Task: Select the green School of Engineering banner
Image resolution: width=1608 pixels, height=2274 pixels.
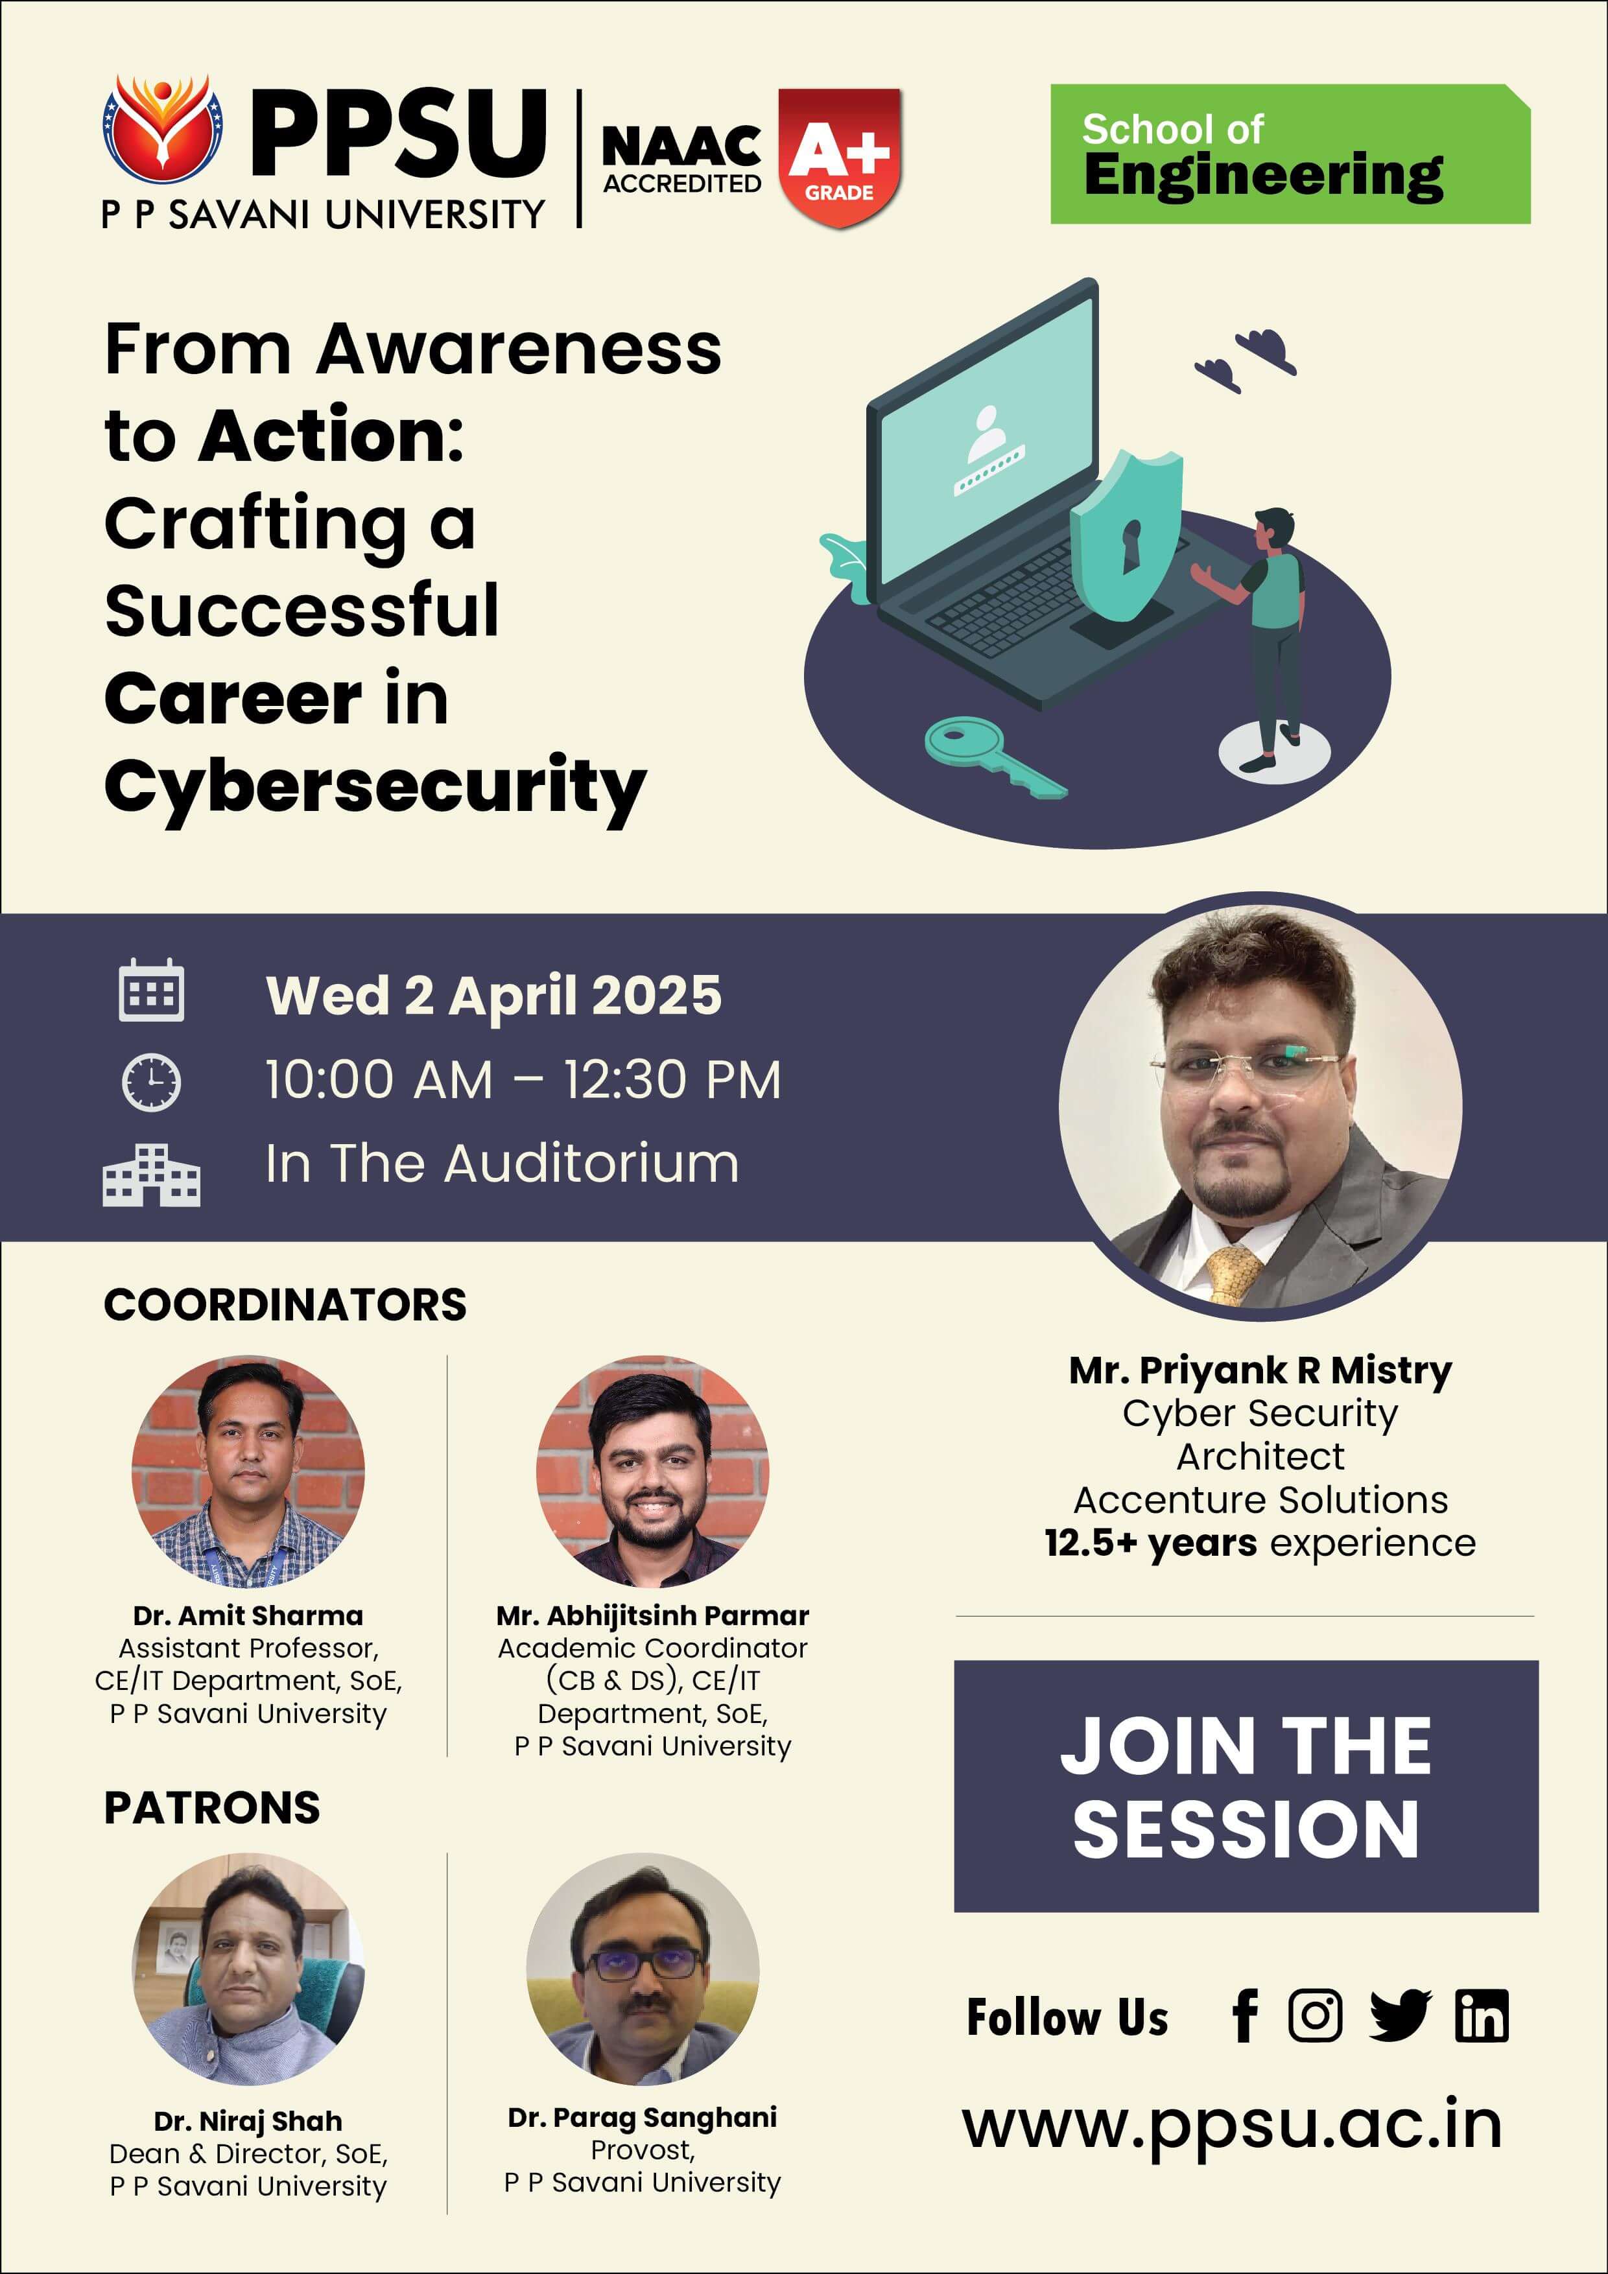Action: pyautogui.click(x=1290, y=154)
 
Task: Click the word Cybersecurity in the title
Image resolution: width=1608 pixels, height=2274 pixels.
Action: pyautogui.click(x=375, y=788)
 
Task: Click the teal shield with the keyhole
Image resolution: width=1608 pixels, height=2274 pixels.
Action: pyautogui.click(x=1126, y=535)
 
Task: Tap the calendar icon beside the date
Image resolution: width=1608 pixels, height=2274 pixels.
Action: pyautogui.click(x=152, y=989)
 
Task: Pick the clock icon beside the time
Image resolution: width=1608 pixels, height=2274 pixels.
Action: pyautogui.click(x=152, y=1081)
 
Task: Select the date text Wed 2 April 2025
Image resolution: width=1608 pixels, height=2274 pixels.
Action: pyautogui.click(x=493, y=996)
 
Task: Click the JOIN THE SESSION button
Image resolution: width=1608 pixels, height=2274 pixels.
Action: pyautogui.click(x=1246, y=1786)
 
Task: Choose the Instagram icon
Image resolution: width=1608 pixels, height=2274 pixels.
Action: pyautogui.click(x=1315, y=2015)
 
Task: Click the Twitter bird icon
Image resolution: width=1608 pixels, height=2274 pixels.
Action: pyautogui.click(x=1400, y=2015)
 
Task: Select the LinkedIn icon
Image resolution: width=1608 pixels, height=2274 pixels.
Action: pyautogui.click(x=1481, y=2015)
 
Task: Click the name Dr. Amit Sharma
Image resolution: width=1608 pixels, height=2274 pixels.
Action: pyautogui.click(x=248, y=1615)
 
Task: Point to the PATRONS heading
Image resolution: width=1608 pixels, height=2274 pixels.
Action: pyautogui.click(x=212, y=1809)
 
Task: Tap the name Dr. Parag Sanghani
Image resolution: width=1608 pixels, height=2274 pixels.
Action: pyautogui.click(x=642, y=2118)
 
